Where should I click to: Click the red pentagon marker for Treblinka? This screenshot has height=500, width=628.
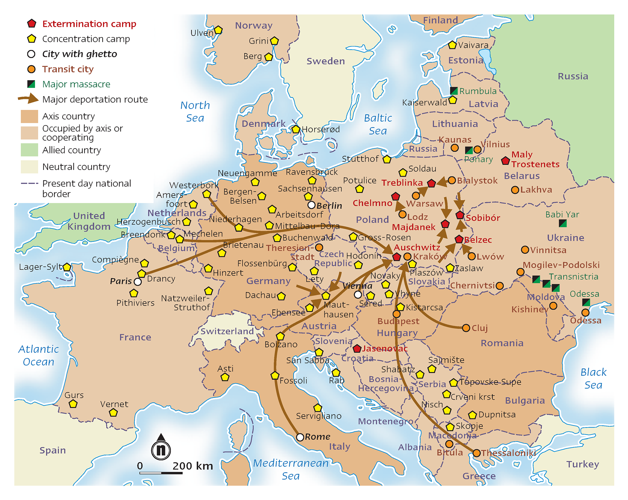pos(431,183)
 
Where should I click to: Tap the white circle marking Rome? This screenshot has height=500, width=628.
pos(300,437)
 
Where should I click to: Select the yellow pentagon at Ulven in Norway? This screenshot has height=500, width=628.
pos(218,30)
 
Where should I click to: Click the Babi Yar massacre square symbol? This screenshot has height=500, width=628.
pos(563,224)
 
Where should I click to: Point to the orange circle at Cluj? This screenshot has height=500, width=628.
pos(466,328)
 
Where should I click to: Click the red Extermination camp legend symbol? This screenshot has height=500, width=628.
pos(31,24)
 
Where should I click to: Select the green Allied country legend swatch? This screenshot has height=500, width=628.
pos(29,150)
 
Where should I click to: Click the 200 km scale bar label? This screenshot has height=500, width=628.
pos(192,466)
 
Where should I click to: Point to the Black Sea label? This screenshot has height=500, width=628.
pos(593,378)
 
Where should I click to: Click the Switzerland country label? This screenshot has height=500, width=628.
pos(227,331)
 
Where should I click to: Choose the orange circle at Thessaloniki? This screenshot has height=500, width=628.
pos(477,453)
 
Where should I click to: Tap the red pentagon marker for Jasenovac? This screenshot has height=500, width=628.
pos(357,348)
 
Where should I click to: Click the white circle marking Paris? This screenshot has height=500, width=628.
pos(138,282)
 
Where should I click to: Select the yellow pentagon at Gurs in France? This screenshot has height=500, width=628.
pos(73,404)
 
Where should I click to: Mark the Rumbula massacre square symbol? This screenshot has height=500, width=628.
pos(454,91)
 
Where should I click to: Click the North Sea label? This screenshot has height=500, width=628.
pos(195,111)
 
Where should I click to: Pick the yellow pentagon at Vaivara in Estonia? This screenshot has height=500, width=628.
pos(452,45)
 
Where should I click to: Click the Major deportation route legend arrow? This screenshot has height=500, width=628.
pos(29,98)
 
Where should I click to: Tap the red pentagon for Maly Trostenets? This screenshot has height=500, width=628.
pos(505,160)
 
